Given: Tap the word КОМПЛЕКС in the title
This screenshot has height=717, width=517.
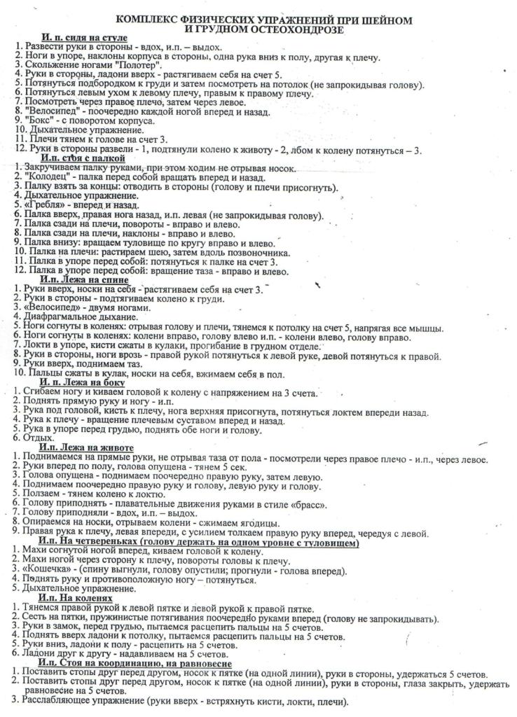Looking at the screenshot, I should point(148,20).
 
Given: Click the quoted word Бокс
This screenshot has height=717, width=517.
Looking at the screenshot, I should point(35,120).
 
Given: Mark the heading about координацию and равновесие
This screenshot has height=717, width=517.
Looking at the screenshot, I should point(137,663).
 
